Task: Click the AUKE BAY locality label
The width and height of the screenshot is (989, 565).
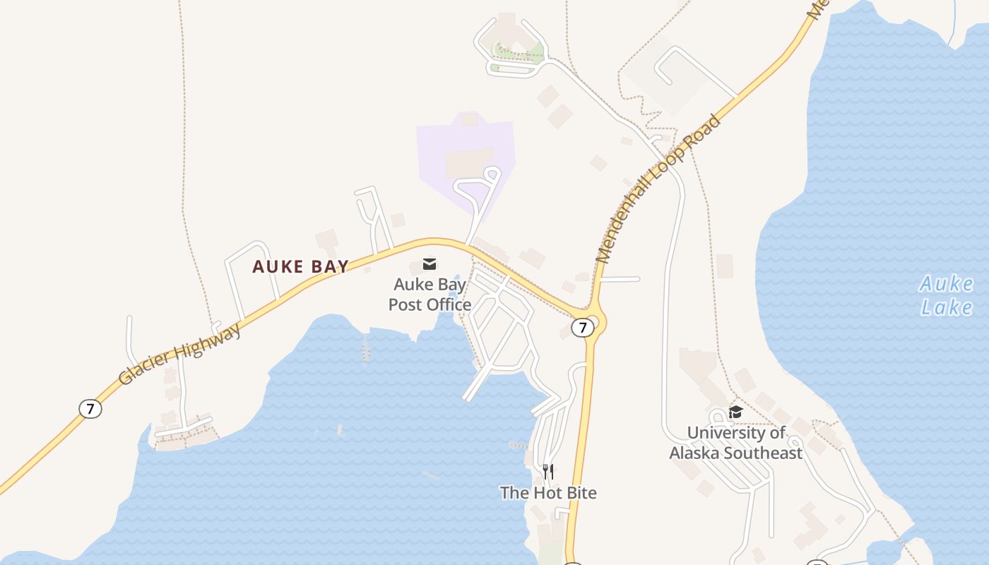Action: (301, 266)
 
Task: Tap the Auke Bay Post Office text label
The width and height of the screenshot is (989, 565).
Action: (430, 295)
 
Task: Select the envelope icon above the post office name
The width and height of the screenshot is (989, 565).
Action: (430, 264)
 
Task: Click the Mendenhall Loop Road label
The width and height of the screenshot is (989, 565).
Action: (658, 189)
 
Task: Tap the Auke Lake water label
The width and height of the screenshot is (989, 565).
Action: (946, 295)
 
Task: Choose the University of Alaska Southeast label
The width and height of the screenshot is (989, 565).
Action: (736, 442)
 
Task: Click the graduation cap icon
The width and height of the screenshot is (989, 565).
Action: (736, 412)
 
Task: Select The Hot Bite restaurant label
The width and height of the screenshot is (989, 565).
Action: (548, 492)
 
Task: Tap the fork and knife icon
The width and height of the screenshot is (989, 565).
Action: (548, 471)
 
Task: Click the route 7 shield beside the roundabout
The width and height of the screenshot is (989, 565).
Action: (582, 328)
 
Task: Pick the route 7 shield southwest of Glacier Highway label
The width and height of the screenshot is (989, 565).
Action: (90, 408)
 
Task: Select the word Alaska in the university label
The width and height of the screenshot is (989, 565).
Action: (699, 453)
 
